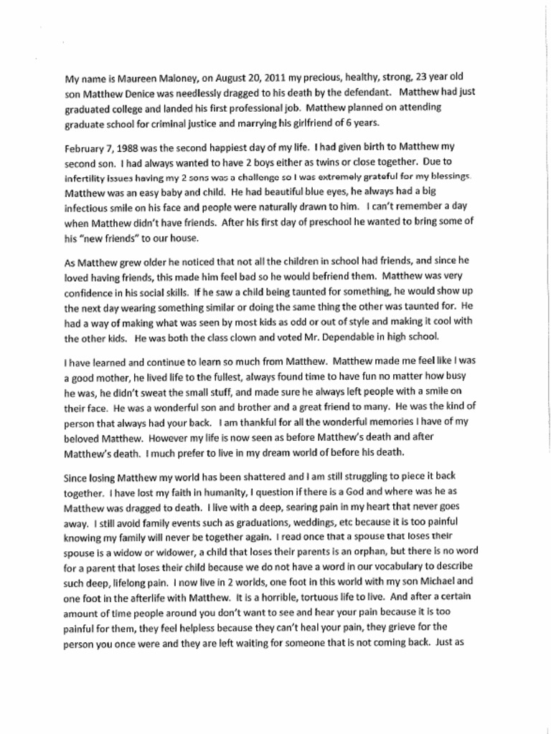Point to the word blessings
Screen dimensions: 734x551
pos(448,176)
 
